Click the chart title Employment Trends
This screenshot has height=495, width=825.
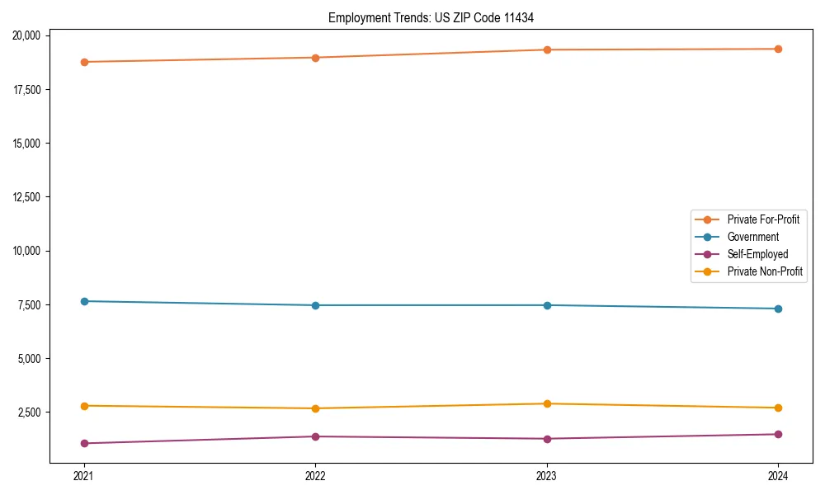(436, 17)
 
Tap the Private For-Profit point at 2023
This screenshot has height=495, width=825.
(547, 49)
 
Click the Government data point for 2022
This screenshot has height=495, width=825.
(315, 305)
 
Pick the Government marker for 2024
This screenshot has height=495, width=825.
(778, 309)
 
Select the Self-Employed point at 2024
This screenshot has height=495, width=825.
(778, 434)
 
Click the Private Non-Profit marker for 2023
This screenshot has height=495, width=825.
(547, 403)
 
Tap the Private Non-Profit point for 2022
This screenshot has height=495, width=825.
(315, 408)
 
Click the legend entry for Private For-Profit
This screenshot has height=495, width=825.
(763, 219)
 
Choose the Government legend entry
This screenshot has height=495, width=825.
(752, 237)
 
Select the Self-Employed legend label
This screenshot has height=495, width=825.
(757, 254)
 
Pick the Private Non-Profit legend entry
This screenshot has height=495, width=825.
(765, 271)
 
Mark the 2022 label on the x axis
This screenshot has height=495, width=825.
(315, 475)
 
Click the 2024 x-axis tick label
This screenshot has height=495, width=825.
(778, 475)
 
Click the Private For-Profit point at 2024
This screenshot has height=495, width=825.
(778, 49)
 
